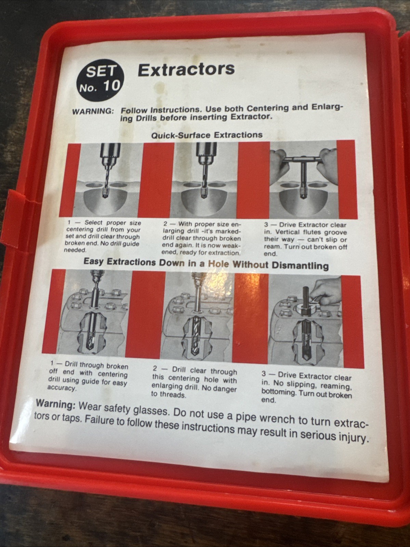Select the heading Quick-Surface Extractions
(207, 135)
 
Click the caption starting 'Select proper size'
(103, 236)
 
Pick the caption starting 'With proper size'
(201, 238)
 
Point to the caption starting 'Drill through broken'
(88, 377)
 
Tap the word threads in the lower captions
(174, 394)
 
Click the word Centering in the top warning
(265, 108)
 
